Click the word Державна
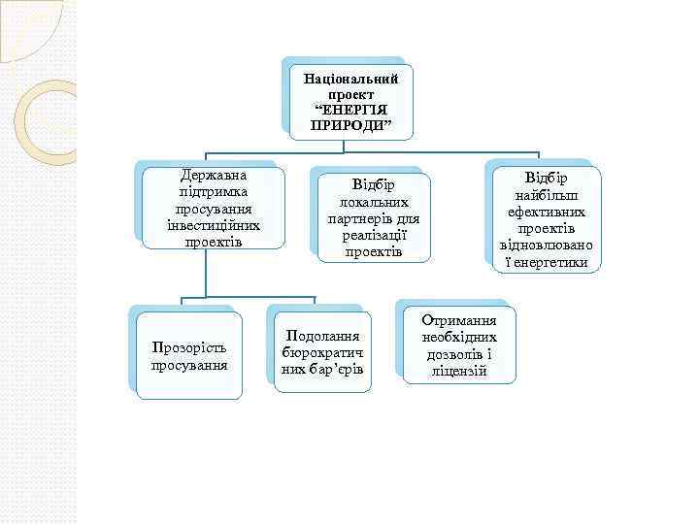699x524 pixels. click(x=213, y=176)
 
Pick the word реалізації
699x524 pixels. click(x=374, y=235)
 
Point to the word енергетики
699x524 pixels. click(x=549, y=262)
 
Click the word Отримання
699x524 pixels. click(x=459, y=321)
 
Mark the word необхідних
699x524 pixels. click(x=459, y=338)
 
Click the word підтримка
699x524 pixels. click(x=213, y=192)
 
